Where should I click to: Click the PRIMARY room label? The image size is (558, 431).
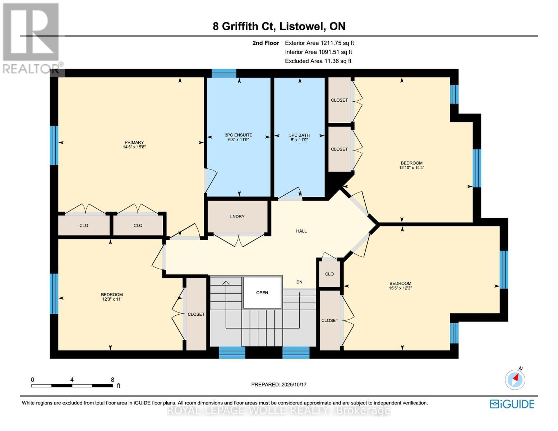pyautogui.click(x=134, y=142)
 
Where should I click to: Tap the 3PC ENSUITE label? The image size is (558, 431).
pyautogui.click(x=239, y=135)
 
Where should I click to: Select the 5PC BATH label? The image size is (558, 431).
pyautogui.click(x=299, y=135)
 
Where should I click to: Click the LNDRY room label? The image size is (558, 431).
pyautogui.click(x=237, y=217)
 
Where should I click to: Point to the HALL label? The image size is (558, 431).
pyautogui.click(x=301, y=231)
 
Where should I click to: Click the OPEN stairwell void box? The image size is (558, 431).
pyautogui.click(x=262, y=293)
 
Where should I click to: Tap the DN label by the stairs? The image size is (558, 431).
pyautogui.click(x=299, y=282)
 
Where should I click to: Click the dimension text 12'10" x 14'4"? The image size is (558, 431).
pyautogui.click(x=411, y=167)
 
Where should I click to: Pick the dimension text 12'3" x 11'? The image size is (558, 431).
pyautogui.click(x=112, y=299)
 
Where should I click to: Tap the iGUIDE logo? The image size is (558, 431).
pyautogui.click(x=512, y=404)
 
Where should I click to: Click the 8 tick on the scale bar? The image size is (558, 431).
pyautogui.click(x=112, y=380)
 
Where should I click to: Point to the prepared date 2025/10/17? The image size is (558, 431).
pyautogui.click(x=279, y=385)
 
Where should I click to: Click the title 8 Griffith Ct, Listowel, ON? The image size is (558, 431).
pyautogui.click(x=279, y=26)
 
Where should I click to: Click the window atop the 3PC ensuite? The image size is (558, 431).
pyautogui.click(x=224, y=73)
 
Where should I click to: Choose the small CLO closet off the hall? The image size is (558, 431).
pyautogui.click(x=329, y=274)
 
